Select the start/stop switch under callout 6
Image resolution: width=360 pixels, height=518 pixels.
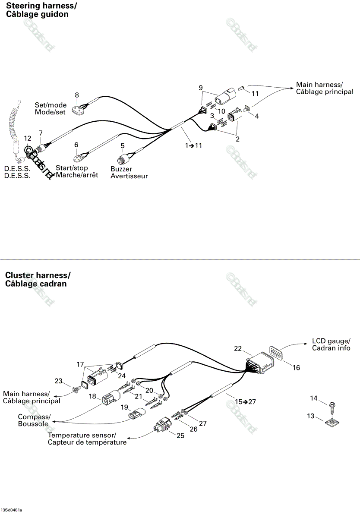78,158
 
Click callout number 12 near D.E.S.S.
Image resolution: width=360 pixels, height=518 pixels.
28,138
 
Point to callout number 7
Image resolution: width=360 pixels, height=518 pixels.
41,133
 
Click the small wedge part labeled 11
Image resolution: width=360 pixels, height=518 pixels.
241,88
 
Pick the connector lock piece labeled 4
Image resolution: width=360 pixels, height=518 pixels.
247,109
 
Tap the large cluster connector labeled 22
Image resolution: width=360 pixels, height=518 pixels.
260,363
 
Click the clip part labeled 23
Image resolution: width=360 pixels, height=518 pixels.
76,390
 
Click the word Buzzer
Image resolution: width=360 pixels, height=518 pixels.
121,169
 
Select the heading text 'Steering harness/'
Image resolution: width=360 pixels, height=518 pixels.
41,6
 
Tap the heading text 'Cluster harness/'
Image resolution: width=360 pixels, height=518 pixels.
38,275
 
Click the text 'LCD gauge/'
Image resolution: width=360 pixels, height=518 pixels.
331,341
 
